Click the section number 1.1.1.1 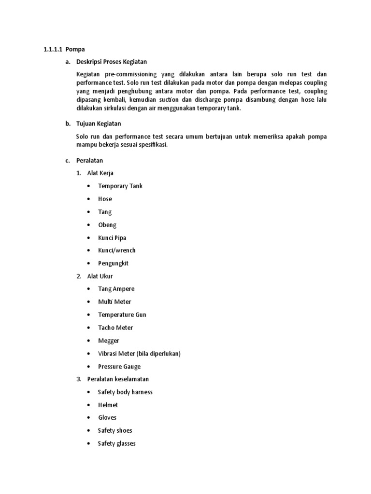[52, 49]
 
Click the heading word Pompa [75, 49]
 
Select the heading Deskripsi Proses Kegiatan [112, 62]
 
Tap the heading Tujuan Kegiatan [99, 123]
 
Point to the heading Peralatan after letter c [90, 160]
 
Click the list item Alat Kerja [100, 173]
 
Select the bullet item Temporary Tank [120, 186]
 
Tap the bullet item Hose [105, 199]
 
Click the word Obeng [107, 225]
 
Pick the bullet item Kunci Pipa [112, 238]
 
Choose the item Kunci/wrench [117, 250]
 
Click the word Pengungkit [113, 263]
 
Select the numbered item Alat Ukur [100, 276]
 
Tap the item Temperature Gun [122, 315]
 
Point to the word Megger [109, 341]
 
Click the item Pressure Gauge [119, 367]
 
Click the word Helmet [108, 405]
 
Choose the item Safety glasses [116, 443]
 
